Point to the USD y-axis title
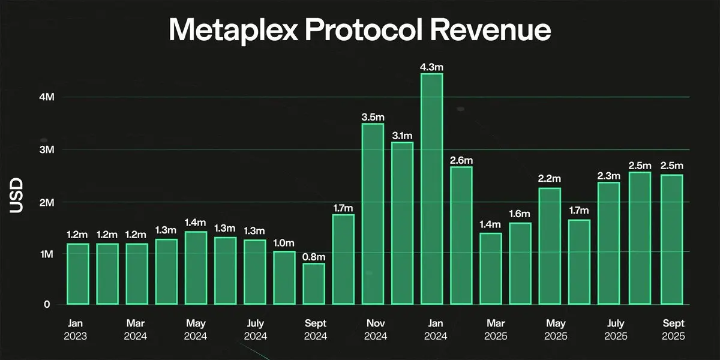tap(16, 196)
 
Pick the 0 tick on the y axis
tap(46, 305)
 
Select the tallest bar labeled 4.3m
tap(432, 189)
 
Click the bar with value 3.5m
tap(373, 214)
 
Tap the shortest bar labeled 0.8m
tap(314, 284)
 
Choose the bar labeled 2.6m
tap(461, 235)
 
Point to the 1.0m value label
tap(284, 243)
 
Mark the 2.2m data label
tap(550, 179)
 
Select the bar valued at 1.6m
tap(520, 263)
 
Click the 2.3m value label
tap(609, 175)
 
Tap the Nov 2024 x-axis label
tap(373, 329)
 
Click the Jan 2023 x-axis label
tap(75, 329)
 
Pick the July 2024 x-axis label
tap(254, 329)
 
